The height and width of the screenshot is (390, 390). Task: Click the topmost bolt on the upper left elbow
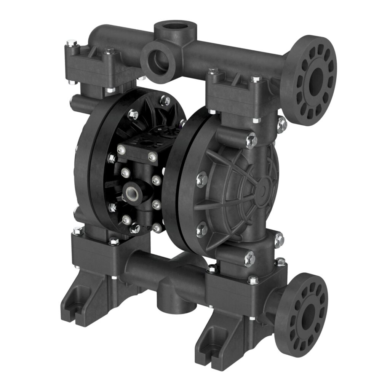tap(70, 43)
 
